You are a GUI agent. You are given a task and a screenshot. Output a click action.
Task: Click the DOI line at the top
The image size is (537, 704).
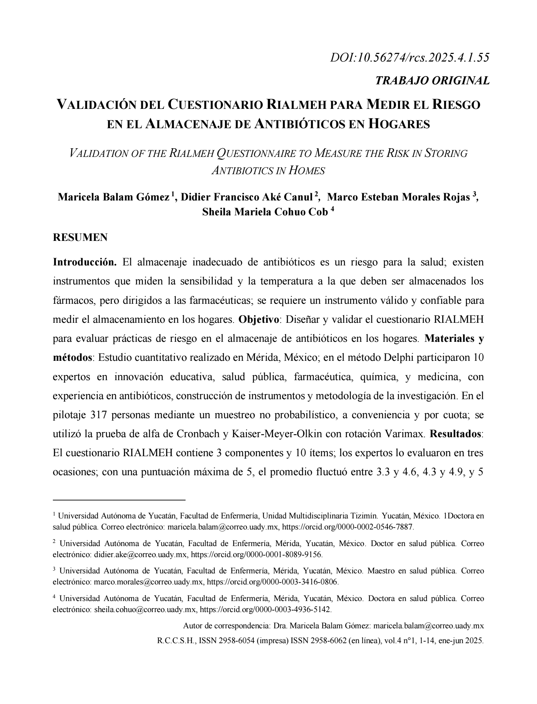(x=409, y=57)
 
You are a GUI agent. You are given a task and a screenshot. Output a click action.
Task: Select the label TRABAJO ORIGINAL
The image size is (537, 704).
(x=432, y=80)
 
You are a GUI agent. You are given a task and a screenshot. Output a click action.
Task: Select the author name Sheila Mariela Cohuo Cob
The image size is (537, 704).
(x=265, y=212)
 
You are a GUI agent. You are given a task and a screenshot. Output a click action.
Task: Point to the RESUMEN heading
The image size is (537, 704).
(x=80, y=237)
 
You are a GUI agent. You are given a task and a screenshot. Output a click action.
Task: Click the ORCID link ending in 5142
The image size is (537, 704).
(x=266, y=609)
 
